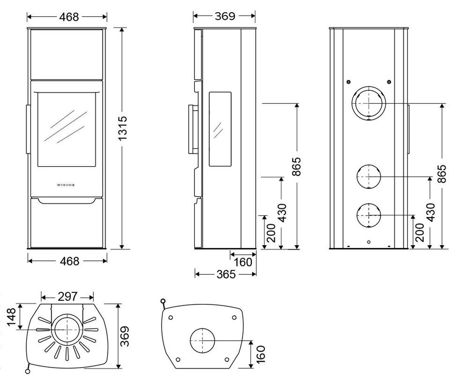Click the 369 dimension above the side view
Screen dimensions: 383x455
[225, 16]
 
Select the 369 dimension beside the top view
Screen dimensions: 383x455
[124, 335]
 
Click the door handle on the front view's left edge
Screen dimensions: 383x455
[28, 129]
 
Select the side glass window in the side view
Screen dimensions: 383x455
[220, 129]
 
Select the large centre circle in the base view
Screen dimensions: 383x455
[202, 340]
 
